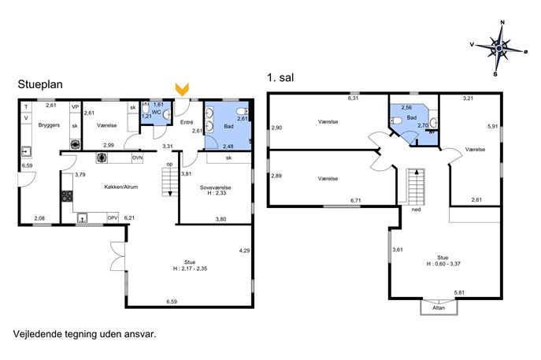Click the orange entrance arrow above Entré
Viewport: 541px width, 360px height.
pos(182,89)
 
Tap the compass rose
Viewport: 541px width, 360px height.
pos(499,48)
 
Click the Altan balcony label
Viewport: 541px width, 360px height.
pos(439,307)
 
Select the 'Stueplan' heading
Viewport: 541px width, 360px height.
pos(40,84)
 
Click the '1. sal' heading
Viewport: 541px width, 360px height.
pos(280,78)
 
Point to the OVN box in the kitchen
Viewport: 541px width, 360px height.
pos(137,158)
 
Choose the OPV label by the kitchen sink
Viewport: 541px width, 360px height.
pos(113,217)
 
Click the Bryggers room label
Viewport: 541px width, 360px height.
pos(49,125)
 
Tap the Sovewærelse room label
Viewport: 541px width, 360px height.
pos(216,187)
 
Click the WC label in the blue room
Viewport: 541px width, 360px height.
pos(156,112)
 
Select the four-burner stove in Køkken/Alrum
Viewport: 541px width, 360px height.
pos(67,196)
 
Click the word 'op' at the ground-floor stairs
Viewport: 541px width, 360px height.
pos(169,164)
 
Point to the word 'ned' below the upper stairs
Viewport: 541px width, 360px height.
pos(417,210)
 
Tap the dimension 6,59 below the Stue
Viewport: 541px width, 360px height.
pos(172,302)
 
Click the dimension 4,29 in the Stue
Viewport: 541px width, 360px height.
pos(244,251)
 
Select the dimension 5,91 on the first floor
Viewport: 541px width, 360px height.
pos(493,126)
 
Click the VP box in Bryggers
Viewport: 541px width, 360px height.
pos(75,107)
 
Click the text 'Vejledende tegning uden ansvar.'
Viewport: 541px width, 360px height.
pos(85,334)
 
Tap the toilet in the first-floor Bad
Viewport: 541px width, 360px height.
pos(396,121)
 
